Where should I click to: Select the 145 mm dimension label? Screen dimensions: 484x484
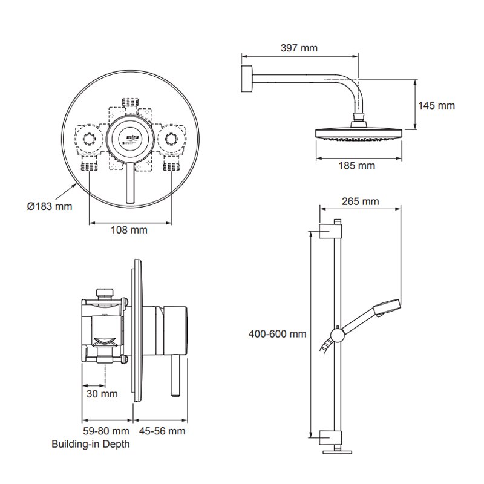[436, 105]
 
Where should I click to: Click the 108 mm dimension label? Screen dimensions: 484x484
[129, 230]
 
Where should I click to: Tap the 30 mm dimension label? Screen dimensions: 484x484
[100, 394]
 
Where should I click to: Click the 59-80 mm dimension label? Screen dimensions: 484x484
[106, 431]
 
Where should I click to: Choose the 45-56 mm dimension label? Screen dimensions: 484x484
[160, 431]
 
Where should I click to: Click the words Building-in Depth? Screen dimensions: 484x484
[91, 444]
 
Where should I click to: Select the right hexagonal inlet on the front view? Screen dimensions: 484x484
[173, 139]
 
